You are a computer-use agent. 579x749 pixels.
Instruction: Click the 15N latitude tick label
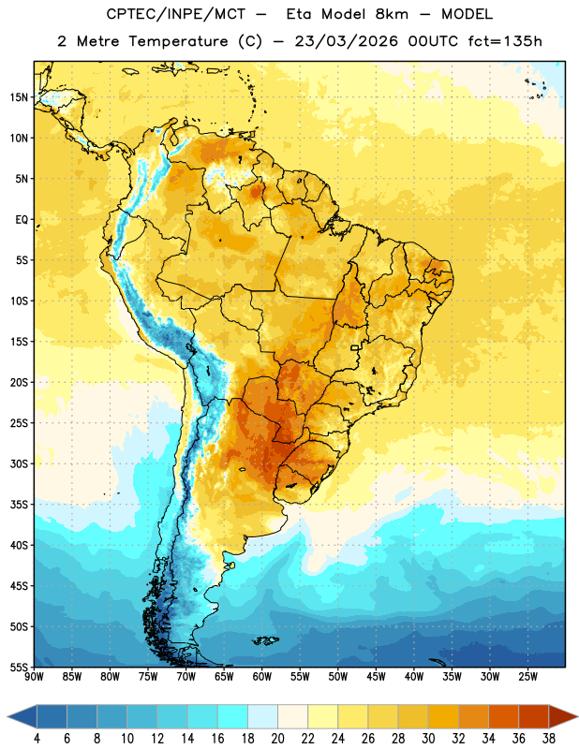click(x=19, y=97)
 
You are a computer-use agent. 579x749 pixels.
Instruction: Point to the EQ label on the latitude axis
click(x=22, y=220)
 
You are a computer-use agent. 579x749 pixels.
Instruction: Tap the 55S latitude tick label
click(x=19, y=667)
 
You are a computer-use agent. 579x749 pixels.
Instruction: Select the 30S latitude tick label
click(x=19, y=463)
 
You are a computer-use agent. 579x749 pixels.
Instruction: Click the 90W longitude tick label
click(x=34, y=677)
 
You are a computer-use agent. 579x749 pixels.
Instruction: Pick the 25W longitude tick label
click(x=527, y=677)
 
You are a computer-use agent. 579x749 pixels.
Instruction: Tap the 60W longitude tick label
click(x=262, y=677)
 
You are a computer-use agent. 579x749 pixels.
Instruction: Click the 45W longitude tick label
click(x=376, y=677)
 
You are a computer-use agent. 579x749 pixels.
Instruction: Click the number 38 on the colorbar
click(x=548, y=739)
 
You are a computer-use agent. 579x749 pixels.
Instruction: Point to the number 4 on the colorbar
click(x=37, y=739)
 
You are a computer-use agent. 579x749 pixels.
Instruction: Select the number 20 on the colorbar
click(x=277, y=739)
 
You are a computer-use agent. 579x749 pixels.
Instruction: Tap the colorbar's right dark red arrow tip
click(x=577, y=716)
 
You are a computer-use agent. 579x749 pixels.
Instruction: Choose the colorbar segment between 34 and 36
click(x=503, y=716)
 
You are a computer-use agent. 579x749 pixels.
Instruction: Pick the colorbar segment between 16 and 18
click(x=232, y=716)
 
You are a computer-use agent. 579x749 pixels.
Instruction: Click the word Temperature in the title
click(x=178, y=41)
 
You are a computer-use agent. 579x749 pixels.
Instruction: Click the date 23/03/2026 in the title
click(x=346, y=41)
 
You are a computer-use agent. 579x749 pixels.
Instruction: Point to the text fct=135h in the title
click(x=505, y=41)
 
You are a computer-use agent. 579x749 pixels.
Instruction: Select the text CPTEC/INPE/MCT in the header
click(x=175, y=14)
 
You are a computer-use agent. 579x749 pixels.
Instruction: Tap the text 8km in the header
click(x=392, y=14)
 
